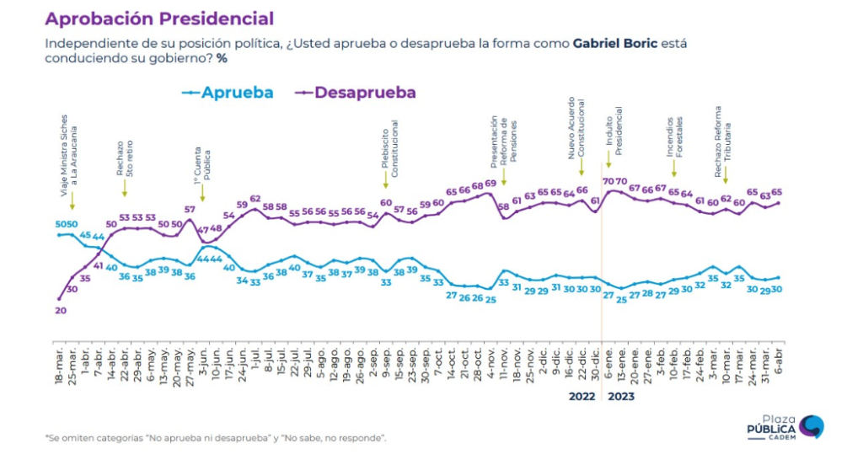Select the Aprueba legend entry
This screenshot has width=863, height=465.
pos(229,93)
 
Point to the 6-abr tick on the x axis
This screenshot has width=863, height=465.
pos(777,362)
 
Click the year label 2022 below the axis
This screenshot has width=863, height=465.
pos(582,394)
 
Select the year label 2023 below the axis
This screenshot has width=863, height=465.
pos(620,394)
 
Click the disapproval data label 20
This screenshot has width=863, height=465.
pos(59,310)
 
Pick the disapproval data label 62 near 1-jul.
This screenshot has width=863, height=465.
pos(255,199)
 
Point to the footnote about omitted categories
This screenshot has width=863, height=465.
pos(216,437)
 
